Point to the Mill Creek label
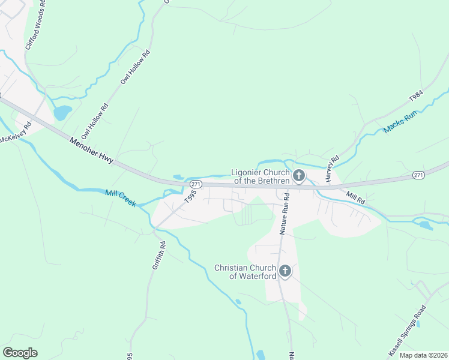[121, 197]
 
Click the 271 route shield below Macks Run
[419, 175]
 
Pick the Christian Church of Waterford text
[246, 272]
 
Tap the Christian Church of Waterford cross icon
[285, 272]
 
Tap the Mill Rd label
[355, 197]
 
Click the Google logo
[20, 353]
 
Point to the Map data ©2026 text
[423, 355]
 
